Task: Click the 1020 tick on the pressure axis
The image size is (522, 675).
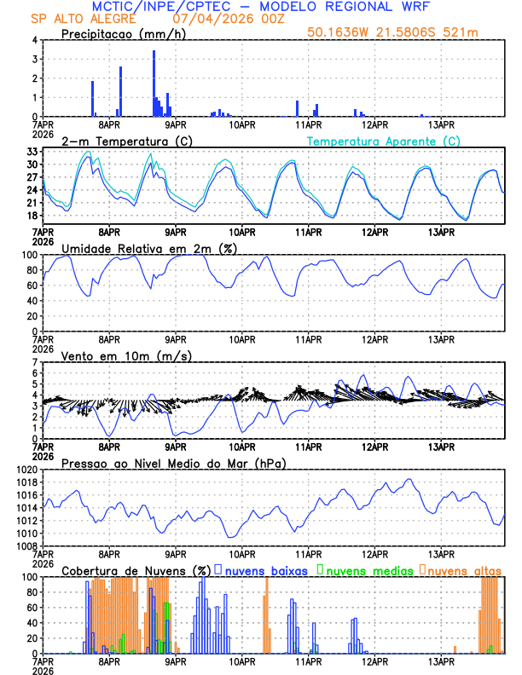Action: click(x=28, y=470)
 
